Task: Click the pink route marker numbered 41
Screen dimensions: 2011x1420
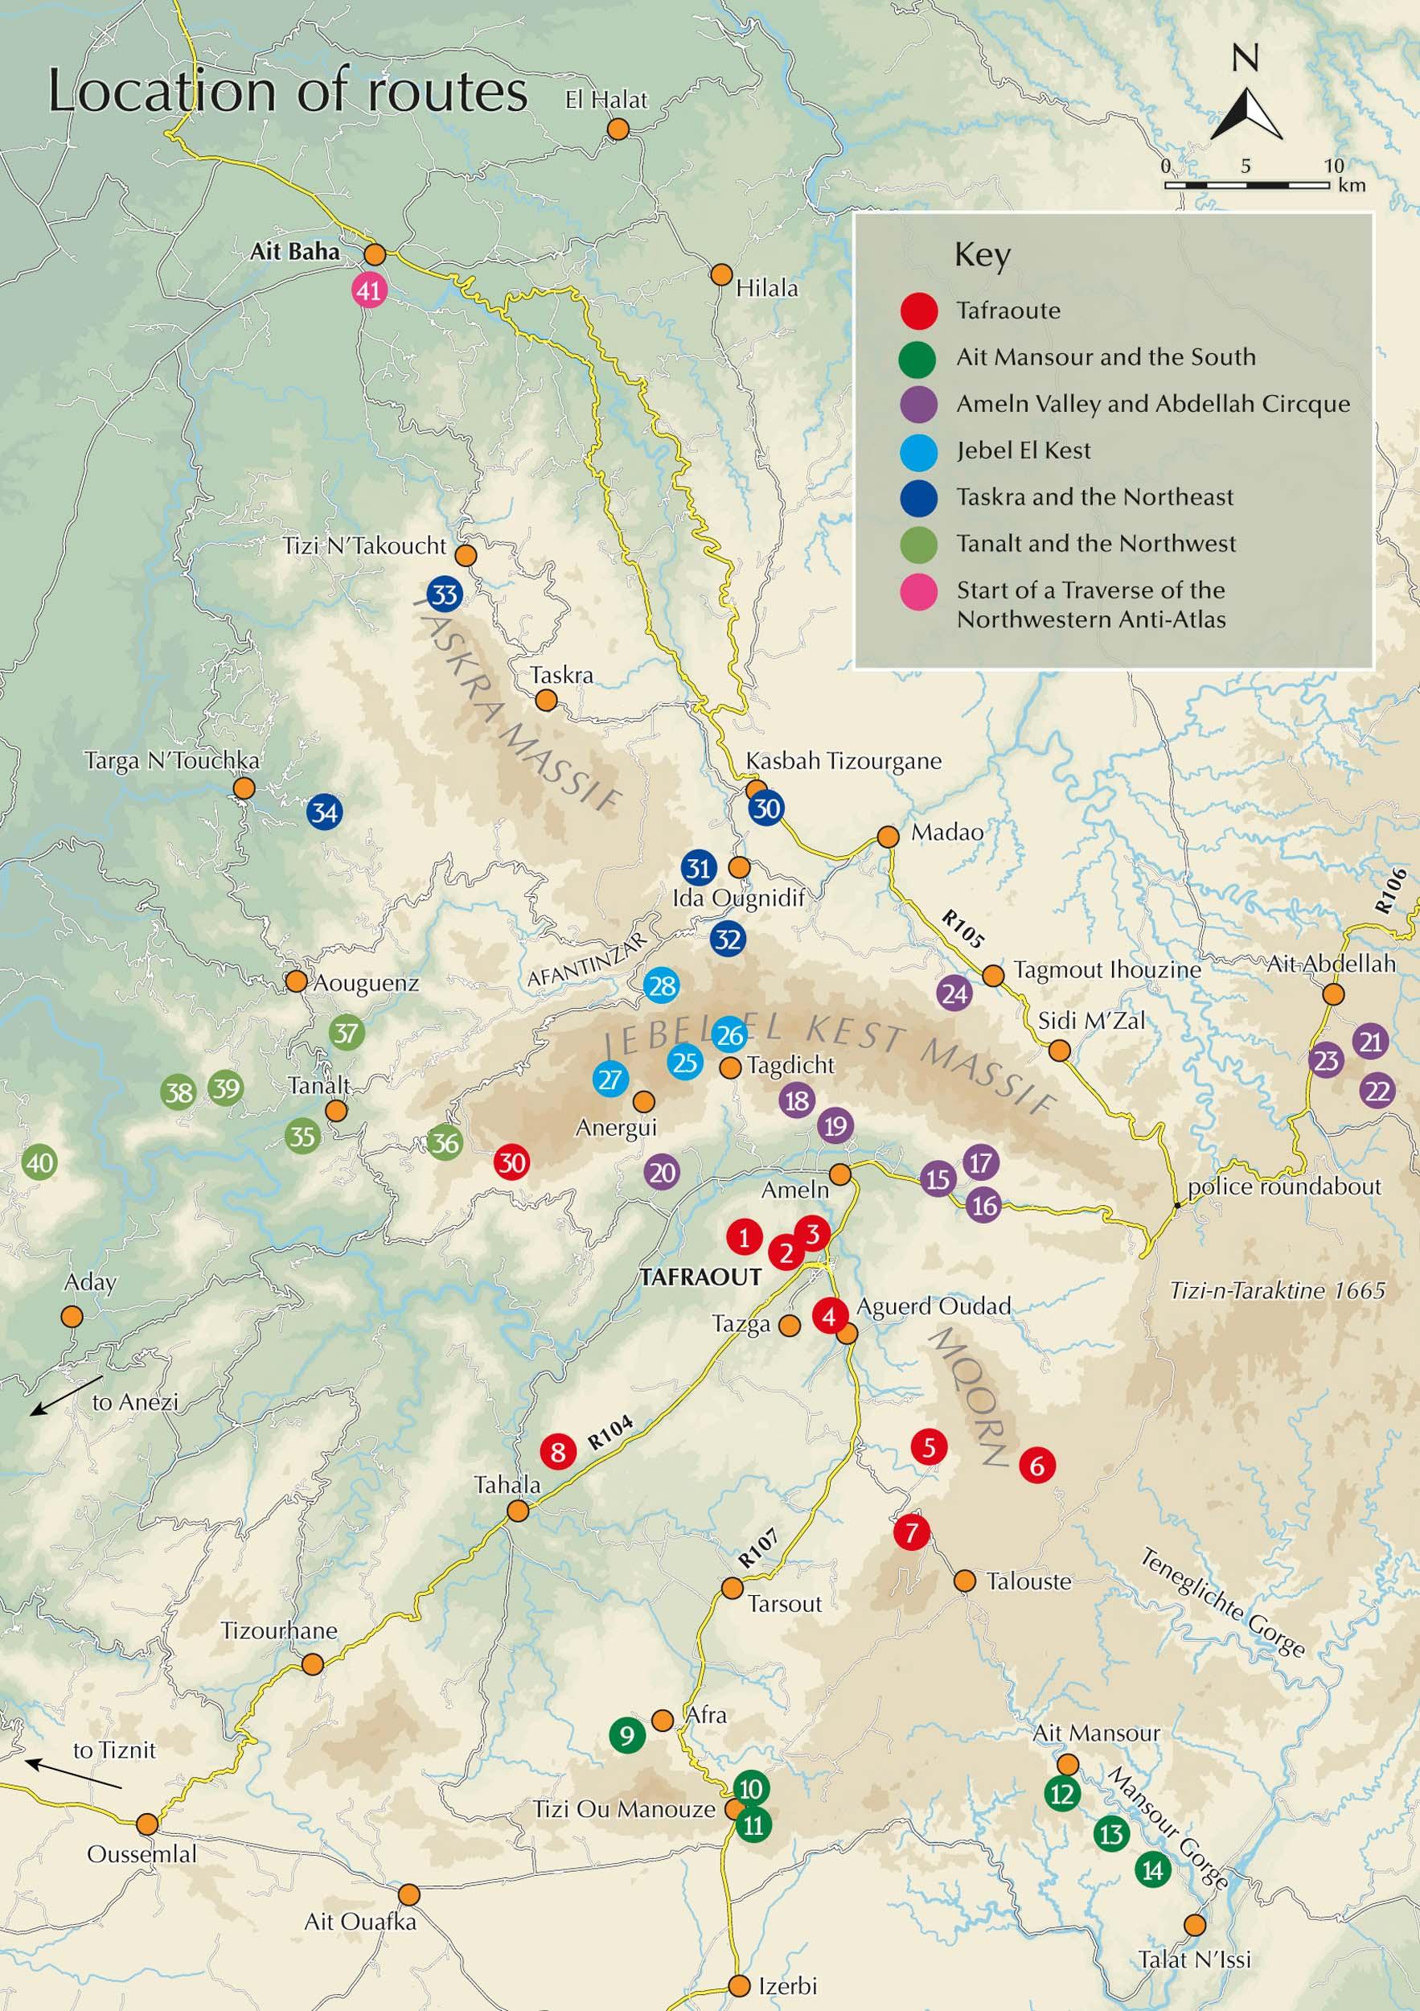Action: coord(369,290)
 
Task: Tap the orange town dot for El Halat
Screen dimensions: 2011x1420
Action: coord(618,129)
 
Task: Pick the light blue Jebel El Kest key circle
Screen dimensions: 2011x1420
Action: coord(918,451)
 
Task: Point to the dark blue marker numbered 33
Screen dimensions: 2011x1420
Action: coord(445,594)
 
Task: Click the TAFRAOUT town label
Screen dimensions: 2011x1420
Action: coord(700,1276)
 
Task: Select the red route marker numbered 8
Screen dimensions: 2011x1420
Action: coord(558,1451)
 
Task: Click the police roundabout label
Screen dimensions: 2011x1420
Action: coord(1284,1186)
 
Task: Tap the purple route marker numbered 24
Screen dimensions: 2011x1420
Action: coord(954,993)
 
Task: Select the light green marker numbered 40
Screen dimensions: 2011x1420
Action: coord(39,1163)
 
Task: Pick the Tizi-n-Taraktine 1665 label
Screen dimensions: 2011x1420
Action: coord(1278,1290)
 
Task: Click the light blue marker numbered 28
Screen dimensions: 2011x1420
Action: coord(661,986)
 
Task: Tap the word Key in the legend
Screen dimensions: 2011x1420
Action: coord(982,256)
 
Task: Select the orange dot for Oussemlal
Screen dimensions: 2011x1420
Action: coord(147,1824)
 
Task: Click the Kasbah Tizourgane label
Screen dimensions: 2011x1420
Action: coord(843,761)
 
